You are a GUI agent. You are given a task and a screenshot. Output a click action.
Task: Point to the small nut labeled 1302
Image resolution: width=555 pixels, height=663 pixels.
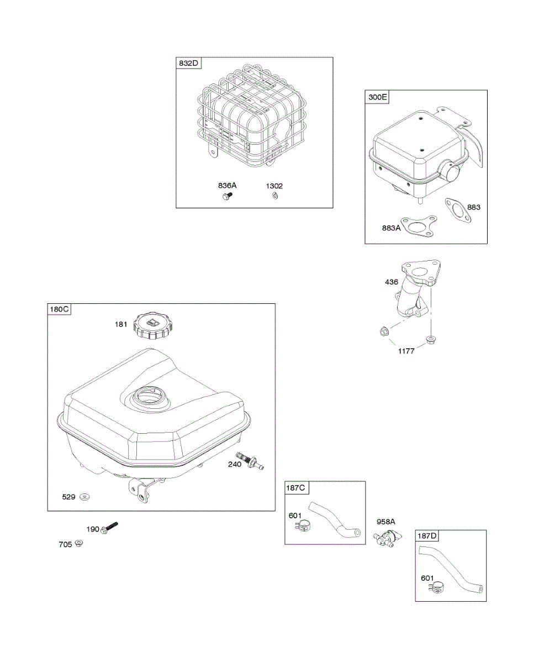(x=274, y=196)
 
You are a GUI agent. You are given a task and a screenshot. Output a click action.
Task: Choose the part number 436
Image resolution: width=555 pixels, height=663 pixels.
(x=392, y=282)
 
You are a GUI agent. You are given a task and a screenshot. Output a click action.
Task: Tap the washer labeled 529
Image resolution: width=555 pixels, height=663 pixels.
(x=84, y=497)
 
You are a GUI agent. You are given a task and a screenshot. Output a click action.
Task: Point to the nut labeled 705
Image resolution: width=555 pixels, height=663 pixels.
(x=78, y=544)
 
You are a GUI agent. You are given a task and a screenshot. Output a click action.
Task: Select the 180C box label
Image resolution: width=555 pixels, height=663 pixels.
(x=59, y=309)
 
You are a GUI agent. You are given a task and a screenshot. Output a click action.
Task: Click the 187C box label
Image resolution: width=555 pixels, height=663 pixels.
(x=295, y=488)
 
